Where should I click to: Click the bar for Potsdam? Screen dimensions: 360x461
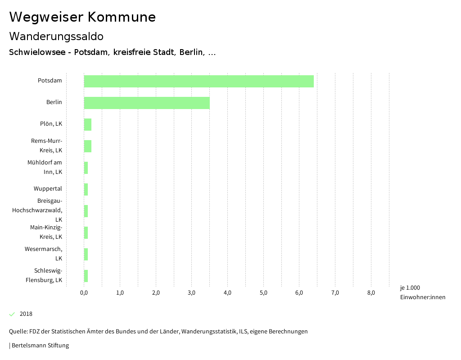coord(199,81)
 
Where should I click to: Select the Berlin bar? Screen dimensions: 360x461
coord(147,103)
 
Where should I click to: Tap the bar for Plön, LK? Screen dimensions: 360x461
coord(88,124)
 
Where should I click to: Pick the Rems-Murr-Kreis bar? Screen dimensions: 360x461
coord(88,146)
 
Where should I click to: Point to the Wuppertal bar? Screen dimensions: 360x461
coord(86,189)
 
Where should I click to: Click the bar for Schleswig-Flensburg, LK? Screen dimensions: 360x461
coord(86,276)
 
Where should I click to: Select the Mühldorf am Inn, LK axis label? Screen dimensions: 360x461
coord(45,167)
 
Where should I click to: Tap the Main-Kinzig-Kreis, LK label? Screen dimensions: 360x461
coord(46,232)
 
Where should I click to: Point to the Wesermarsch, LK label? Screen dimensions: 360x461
coord(44,254)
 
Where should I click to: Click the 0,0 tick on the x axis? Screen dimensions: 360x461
coord(84,293)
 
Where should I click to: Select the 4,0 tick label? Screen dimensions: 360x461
coord(227,293)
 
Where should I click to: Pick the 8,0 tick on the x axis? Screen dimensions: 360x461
coord(371,293)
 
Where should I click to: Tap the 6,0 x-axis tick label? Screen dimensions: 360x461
coord(299,293)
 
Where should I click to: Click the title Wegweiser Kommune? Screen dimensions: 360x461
coord(82,17)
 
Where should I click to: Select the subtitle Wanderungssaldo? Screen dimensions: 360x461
coord(56,36)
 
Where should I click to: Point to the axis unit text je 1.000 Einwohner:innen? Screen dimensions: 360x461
coord(422,292)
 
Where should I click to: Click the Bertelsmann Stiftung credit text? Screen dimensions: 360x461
coord(40,346)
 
